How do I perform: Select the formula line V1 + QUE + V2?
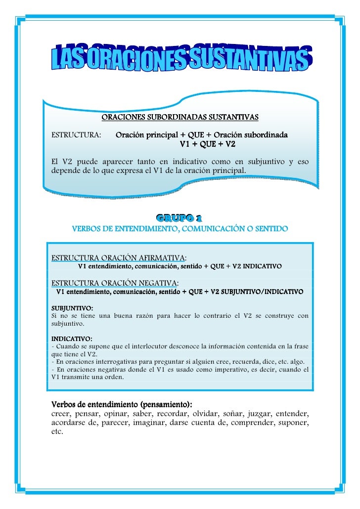click(x=207, y=144)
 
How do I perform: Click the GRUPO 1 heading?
click(x=179, y=218)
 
